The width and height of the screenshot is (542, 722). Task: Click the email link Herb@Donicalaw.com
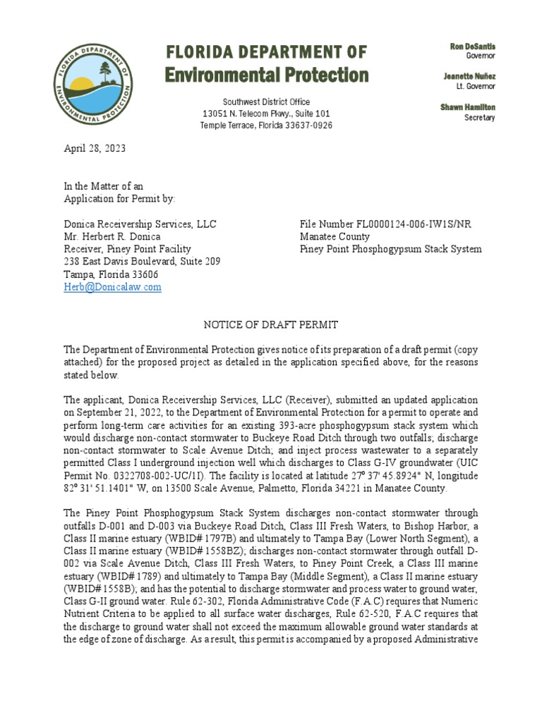pyautogui.click(x=113, y=287)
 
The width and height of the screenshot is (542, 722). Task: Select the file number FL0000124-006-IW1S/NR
pyautogui.click(x=385, y=224)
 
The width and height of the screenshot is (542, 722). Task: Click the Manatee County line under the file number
pyautogui.click(x=335, y=237)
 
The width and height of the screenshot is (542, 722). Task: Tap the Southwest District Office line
pyautogui.click(x=266, y=102)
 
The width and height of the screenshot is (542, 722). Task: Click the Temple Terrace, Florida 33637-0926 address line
pyautogui.click(x=266, y=125)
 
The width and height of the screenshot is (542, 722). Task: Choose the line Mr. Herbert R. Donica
pyautogui.click(x=112, y=237)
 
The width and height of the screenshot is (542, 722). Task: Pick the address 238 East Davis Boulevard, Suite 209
pyautogui.click(x=142, y=262)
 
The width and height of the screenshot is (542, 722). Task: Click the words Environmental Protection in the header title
pyautogui.click(x=267, y=75)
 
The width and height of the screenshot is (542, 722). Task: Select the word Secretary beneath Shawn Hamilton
pyautogui.click(x=479, y=118)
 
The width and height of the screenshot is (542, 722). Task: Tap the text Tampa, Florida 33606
pyautogui.click(x=111, y=274)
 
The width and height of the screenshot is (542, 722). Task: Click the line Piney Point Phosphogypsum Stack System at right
pyautogui.click(x=390, y=249)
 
